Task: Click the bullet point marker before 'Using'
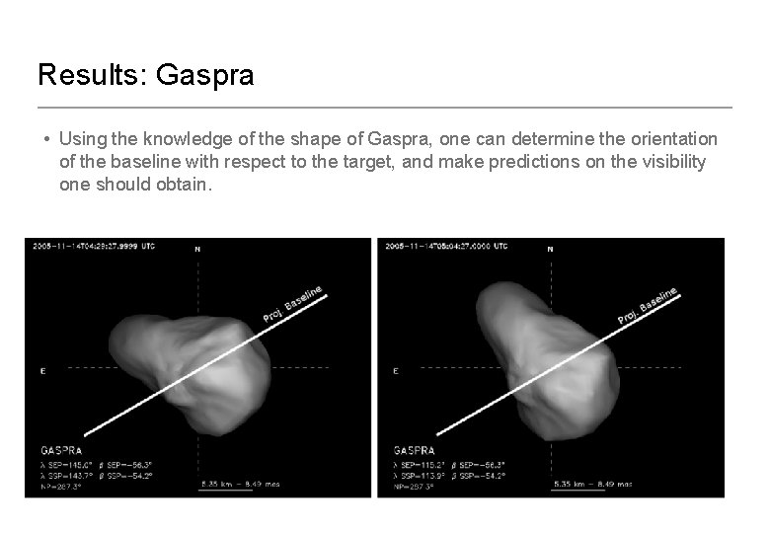[x=46, y=139]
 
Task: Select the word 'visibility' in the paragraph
[x=671, y=162]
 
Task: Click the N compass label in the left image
[x=197, y=251]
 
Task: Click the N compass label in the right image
[x=550, y=251]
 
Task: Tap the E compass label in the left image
[x=41, y=371]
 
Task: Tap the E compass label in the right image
[x=395, y=371]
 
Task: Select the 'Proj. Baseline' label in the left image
[x=293, y=304]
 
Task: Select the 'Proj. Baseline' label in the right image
[x=648, y=305]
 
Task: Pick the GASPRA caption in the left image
[x=60, y=451]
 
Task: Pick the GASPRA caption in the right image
[x=414, y=451]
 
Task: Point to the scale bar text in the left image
[x=240, y=484]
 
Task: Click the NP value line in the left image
[x=59, y=487]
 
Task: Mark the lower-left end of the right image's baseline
[x=437, y=433]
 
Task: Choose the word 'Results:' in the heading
[x=90, y=76]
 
